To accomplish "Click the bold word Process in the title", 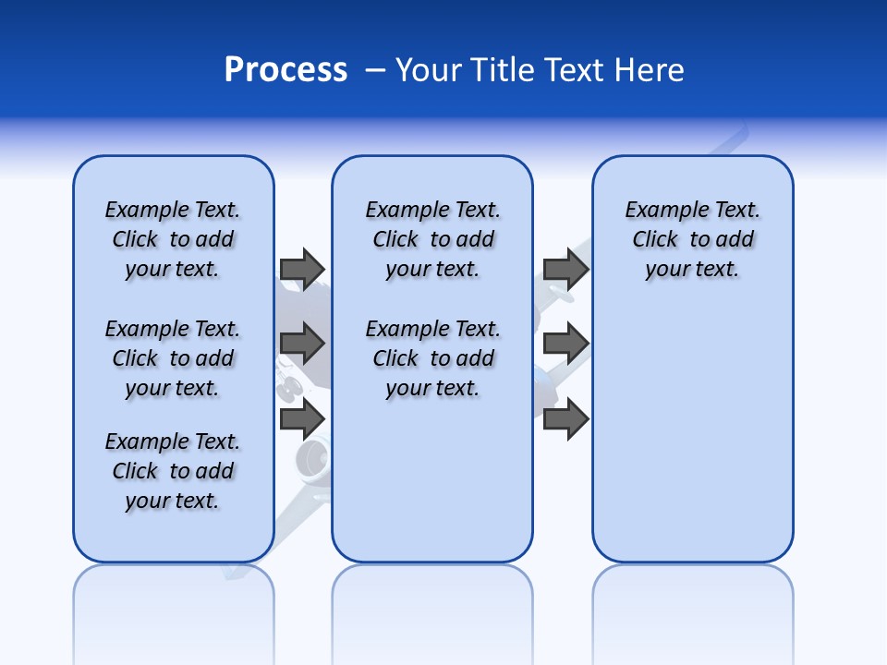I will [x=286, y=70].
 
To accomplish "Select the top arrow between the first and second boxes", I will [x=301, y=269].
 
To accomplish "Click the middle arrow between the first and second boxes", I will [x=301, y=344].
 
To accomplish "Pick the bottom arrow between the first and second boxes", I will [x=301, y=419].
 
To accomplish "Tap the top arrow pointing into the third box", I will [x=565, y=269].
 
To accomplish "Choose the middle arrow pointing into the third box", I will [x=565, y=344].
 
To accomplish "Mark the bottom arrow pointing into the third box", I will [x=565, y=419].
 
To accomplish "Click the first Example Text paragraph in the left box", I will [x=173, y=239].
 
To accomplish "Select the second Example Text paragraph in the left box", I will [x=173, y=358].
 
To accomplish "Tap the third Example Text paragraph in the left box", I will [x=173, y=471].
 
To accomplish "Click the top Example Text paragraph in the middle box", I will [x=432, y=239].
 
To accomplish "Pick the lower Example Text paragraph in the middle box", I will [x=432, y=358].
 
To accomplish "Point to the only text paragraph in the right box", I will [x=692, y=239].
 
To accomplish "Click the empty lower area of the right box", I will [x=692, y=443].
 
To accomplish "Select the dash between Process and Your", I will [x=375, y=70].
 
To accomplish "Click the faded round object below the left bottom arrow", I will [x=312, y=459].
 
